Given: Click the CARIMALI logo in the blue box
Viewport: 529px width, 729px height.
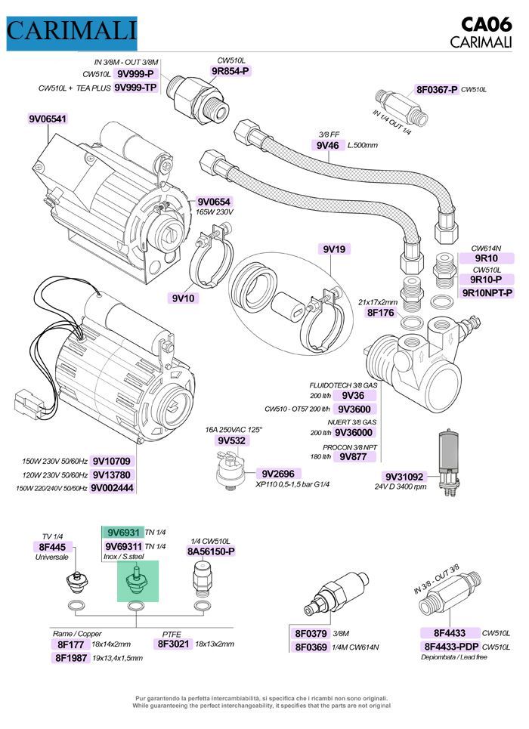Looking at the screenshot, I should (72, 31).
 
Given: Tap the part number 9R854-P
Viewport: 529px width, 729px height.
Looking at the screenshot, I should (230, 71).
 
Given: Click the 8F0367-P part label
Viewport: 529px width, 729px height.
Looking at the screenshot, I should (437, 89).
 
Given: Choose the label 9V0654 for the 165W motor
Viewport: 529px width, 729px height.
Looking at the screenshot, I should (214, 202).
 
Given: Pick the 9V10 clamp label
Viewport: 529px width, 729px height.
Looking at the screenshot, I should (184, 298).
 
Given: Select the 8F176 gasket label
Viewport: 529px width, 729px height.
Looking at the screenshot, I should (382, 311).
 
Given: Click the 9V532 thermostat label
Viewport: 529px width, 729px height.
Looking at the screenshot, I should (233, 440).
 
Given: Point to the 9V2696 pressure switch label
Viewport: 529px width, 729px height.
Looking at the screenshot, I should (278, 473).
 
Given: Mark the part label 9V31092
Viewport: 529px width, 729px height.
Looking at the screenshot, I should (404, 477).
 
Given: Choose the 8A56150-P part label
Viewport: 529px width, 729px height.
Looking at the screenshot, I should (211, 551).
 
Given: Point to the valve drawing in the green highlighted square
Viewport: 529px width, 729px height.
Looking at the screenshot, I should (137, 582).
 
